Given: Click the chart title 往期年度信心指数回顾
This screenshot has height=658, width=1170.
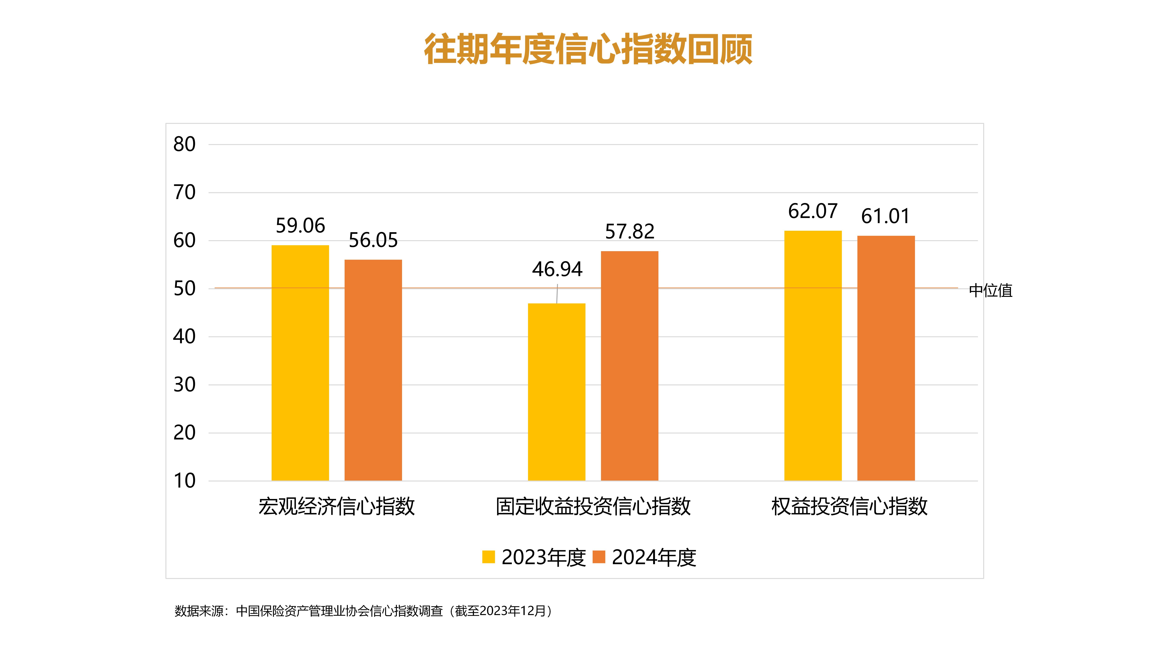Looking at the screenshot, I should (588, 49).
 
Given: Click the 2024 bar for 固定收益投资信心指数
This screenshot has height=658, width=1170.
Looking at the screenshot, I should (629, 366).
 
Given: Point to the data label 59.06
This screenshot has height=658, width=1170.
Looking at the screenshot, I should (300, 226).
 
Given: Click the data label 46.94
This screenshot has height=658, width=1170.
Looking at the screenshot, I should (557, 269).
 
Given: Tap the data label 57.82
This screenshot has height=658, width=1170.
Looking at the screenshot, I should (629, 232).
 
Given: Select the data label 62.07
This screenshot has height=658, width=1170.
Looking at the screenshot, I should (813, 211).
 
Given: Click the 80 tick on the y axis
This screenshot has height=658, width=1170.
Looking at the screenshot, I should (184, 144).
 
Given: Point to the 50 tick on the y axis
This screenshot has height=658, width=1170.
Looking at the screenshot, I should (184, 289).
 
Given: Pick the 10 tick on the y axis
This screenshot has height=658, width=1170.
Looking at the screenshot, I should (184, 480).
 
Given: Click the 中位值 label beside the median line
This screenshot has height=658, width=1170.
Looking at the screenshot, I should (991, 291).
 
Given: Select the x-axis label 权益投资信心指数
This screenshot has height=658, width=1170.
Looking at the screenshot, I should (849, 506).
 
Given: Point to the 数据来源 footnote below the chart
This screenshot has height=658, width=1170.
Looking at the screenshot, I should (363, 611).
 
